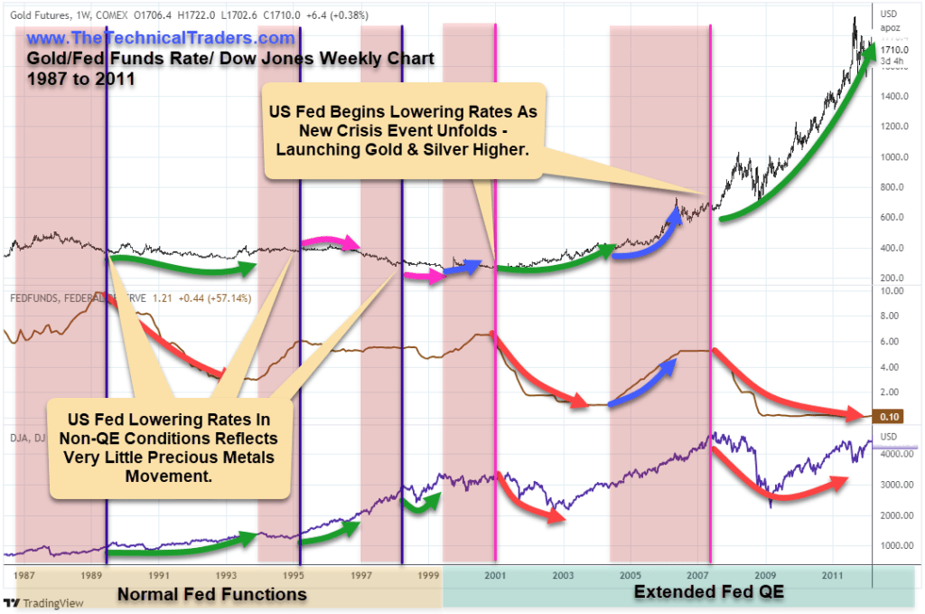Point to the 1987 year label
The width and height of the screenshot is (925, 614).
24,575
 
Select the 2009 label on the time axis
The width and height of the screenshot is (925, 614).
767,575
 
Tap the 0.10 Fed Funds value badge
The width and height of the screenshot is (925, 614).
890,416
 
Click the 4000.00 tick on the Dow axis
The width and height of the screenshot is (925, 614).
893,455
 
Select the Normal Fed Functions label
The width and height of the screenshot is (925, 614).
211,594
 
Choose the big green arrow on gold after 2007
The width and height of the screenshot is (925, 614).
795,154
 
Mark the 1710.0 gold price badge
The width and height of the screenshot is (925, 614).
891,49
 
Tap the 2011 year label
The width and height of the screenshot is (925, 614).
834,575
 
